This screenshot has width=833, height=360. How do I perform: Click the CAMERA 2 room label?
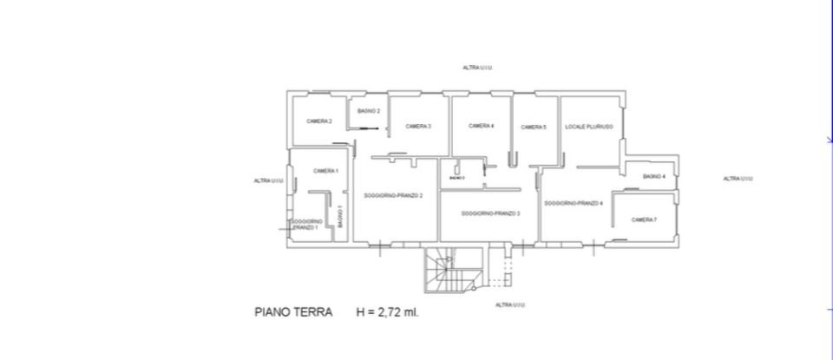[319, 121]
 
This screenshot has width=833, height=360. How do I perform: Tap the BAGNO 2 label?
[369, 111]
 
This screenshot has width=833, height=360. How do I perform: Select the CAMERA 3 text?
[418, 127]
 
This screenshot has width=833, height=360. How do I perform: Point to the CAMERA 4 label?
[482, 126]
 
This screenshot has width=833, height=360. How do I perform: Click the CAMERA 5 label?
[533, 128]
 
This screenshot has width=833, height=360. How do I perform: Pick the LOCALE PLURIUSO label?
[589, 127]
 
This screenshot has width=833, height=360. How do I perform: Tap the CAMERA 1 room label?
[325, 171]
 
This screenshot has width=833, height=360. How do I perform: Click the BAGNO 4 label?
[654, 177]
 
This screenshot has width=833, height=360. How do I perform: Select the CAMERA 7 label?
[644, 219]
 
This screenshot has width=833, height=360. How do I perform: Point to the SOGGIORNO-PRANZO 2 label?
[393, 195]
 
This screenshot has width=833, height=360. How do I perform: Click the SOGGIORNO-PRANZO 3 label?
[490, 213]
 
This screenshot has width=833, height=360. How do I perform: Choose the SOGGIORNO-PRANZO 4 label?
[574, 203]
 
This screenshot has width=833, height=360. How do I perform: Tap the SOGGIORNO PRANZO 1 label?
[306, 224]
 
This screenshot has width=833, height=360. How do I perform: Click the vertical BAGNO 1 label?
[340, 217]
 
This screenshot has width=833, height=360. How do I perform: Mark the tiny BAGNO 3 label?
[457, 178]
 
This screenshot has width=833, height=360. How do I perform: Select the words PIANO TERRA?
[292, 311]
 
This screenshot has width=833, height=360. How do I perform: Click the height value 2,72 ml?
[397, 311]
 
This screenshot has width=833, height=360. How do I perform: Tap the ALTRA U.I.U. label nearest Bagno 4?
[738, 179]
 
